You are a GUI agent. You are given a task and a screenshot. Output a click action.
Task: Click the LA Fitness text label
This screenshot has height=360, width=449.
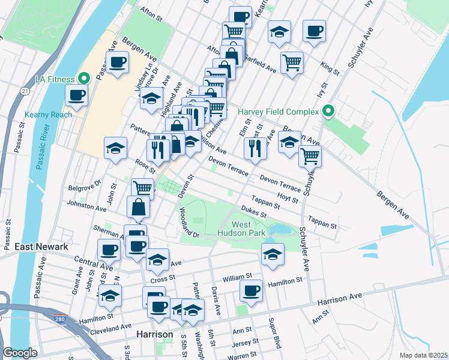[x=55, y=79]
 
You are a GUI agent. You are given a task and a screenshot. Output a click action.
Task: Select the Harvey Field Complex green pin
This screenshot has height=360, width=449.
[x=328, y=111]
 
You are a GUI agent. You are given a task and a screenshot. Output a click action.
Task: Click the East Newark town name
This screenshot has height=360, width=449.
[x=41, y=247]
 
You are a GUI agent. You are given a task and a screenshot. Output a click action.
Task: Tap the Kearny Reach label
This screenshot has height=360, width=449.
[x=49, y=115]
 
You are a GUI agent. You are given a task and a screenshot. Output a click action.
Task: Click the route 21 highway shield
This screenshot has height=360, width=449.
[x=24, y=91]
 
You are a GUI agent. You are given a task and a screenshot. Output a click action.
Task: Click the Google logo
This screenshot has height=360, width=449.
[x=20, y=353]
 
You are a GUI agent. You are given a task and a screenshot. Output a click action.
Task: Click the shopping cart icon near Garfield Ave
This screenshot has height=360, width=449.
[x=292, y=62]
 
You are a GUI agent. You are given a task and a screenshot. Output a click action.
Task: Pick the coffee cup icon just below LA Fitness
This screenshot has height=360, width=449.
[x=77, y=95]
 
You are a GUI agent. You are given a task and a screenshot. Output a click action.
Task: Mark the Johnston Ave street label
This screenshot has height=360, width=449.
[x=88, y=206]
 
